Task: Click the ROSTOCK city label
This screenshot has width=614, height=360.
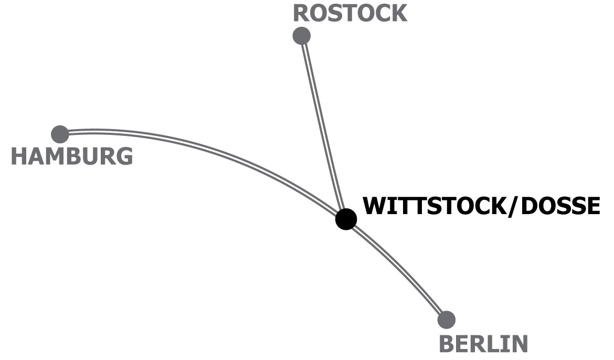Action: [350, 13]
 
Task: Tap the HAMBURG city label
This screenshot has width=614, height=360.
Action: [72, 156]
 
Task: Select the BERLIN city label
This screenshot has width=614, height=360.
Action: [483, 344]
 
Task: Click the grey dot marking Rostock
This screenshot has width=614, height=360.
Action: [301, 36]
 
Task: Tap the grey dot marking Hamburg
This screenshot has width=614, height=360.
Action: [60, 134]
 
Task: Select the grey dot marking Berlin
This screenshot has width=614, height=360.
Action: [446, 319]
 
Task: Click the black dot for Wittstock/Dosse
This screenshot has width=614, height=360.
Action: [346, 219]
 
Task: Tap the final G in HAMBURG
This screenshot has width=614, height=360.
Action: [124, 156]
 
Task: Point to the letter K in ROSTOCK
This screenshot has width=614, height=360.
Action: [398, 13]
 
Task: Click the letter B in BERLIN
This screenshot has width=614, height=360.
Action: [447, 344]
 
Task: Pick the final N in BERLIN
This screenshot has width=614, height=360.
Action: [518, 344]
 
